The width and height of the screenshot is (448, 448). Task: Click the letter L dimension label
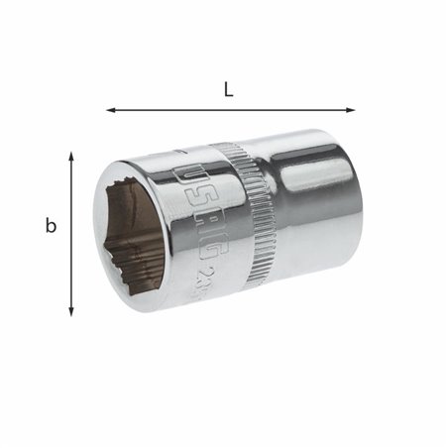[x=229, y=90]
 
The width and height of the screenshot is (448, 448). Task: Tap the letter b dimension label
[x=51, y=226]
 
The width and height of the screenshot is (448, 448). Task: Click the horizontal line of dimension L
[x=229, y=110]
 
